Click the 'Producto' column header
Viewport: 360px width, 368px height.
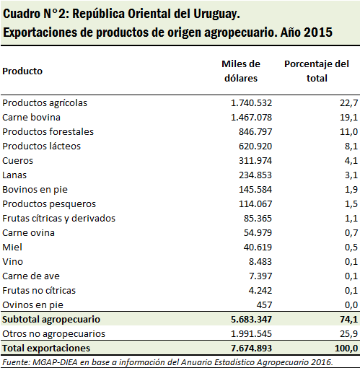tap(22, 71)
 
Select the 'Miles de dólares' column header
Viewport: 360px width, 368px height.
tap(241, 71)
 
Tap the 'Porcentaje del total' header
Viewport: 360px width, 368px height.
tap(317, 71)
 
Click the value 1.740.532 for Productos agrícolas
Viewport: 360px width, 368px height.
tap(251, 103)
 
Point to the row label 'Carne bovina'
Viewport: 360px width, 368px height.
tap(31, 118)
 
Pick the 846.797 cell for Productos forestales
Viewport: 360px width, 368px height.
tap(255, 132)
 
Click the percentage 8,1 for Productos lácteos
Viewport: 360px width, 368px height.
tap(351, 146)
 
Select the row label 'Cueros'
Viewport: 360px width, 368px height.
tap(17, 161)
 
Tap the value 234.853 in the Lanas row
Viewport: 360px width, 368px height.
tap(255, 175)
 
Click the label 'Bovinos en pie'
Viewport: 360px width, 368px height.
tap(35, 190)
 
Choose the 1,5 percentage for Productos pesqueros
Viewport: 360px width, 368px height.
tap(351, 204)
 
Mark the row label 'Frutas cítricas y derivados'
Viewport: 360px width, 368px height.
tap(58, 219)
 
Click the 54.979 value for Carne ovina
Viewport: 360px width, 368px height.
tap(258, 233)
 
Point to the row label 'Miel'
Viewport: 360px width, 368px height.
tap(12, 247)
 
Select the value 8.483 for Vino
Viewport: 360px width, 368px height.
tap(260, 262)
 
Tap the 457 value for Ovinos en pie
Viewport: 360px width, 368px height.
tap(264, 305)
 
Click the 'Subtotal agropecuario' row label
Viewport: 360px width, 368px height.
tap(51, 320)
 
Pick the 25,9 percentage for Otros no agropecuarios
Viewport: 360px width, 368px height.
tap(349, 334)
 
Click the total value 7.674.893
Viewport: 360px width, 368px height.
tap(251, 349)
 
